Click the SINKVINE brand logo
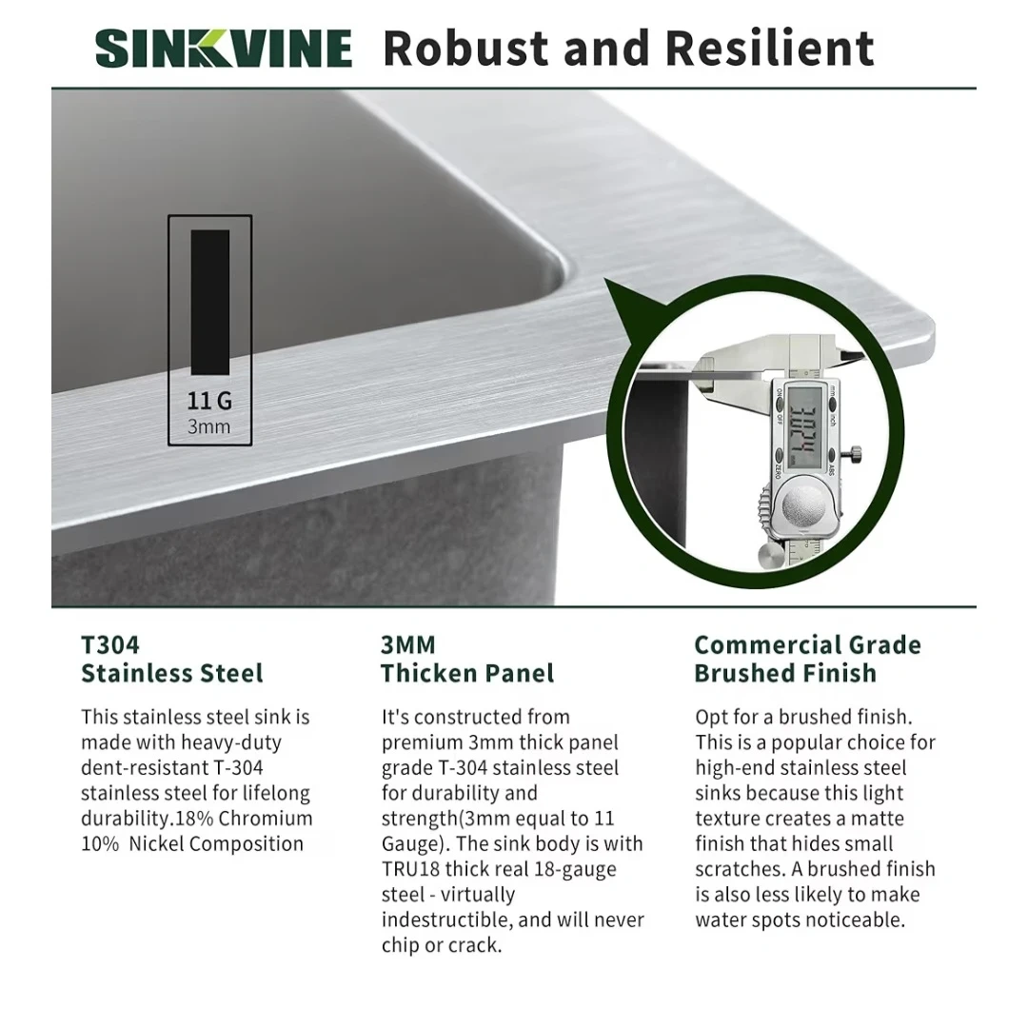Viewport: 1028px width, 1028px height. pyautogui.click(x=224, y=48)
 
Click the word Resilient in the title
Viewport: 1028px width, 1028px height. pyautogui.click(x=770, y=48)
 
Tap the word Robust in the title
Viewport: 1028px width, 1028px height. pyautogui.click(x=466, y=48)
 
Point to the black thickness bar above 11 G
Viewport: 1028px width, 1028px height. pyautogui.click(x=209, y=303)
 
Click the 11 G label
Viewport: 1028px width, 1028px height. pyautogui.click(x=209, y=401)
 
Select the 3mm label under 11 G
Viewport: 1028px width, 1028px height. pyautogui.click(x=209, y=426)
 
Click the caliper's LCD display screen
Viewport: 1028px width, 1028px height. pyautogui.click(x=803, y=426)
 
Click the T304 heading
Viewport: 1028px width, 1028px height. pyautogui.click(x=110, y=644)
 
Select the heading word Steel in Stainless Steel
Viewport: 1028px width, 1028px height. pyautogui.click(x=231, y=673)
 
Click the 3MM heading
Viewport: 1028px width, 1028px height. pyautogui.click(x=407, y=644)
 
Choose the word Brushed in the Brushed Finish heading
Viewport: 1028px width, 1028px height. pyautogui.click(x=741, y=673)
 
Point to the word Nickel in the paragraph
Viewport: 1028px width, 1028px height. pyautogui.click(x=156, y=843)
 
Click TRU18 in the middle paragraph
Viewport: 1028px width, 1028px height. pyautogui.click(x=410, y=869)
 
